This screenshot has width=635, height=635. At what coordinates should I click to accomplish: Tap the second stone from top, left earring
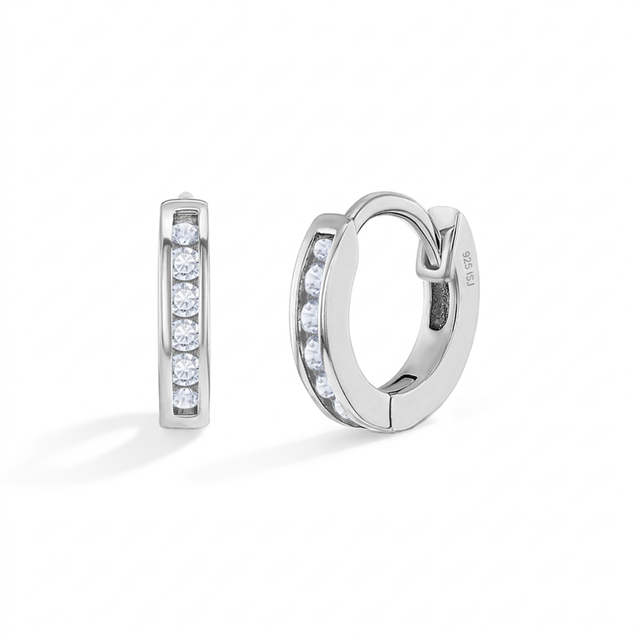click(x=186, y=264)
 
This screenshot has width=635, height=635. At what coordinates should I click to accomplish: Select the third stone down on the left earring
click(x=186, y=300)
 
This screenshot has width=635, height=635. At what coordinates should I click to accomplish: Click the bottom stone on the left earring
click(x=186, y=398)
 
